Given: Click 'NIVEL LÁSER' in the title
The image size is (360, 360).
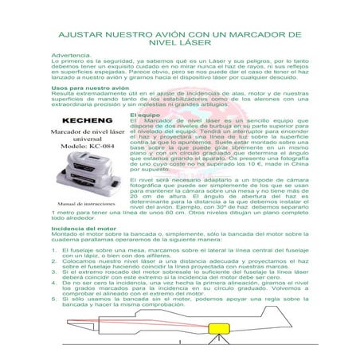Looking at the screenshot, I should tap(179, 45).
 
